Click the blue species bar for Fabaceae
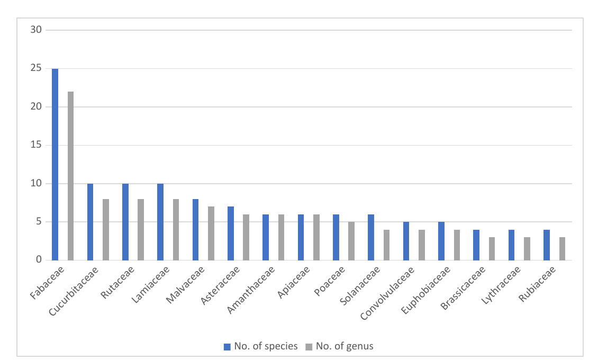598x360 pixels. [x=55, y=164]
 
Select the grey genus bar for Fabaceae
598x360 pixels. [x=70, y=176]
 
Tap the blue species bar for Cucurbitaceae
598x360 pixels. [x=90, y=222]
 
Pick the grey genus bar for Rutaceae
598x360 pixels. [x=141, y=230]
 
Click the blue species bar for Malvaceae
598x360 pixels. [x=195, y=230]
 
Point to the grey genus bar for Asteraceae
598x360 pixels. [x=246, y=237]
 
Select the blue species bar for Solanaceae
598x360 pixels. [x=370, y=237]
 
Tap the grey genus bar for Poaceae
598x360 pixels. [x=351, y=241]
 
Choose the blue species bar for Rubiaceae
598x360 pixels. [x=547, y=245]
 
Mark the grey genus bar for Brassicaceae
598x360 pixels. [x=492, y=249]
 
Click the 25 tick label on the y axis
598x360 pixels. [x=36, y=68]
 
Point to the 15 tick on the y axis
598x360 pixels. [x=36, y=145]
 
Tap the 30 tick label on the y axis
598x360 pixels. [x=36, y=30]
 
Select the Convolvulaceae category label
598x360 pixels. [x=387, y=293]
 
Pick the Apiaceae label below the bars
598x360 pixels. [x=293, y=282]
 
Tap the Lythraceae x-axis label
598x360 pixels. [x=501, y=285]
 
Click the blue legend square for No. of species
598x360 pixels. [x=227, y=347]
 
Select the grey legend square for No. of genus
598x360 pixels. [x=309, y=347]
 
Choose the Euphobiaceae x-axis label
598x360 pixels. [x=425, y=290]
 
